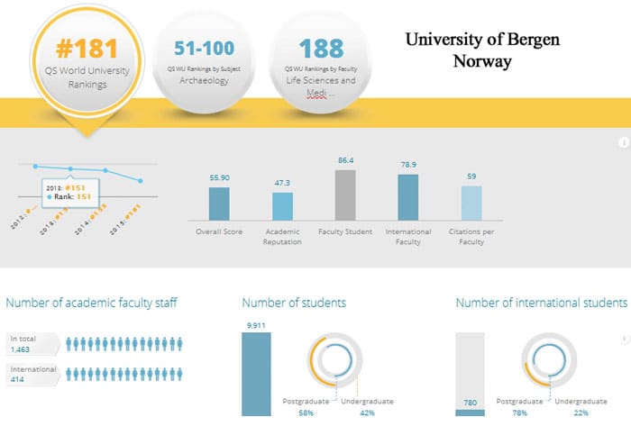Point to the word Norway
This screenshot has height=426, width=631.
(x=482, y=61)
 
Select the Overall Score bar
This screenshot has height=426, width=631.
(x=219, y=204)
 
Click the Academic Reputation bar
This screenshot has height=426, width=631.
(x=282, y=206)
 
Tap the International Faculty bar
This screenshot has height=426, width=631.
(x=407, y=197)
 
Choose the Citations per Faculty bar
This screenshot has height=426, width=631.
(x=471, y=203)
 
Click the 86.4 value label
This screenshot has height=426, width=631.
(x=345, y=160)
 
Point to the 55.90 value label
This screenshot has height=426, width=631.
(x=219, y=178)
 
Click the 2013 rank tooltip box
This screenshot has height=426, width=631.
(x=69, y=191)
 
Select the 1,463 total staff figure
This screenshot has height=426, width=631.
(x=20, y=349)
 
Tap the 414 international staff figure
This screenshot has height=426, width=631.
(x=16, y=380)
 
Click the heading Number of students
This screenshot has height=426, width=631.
(x=294, y=303)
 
